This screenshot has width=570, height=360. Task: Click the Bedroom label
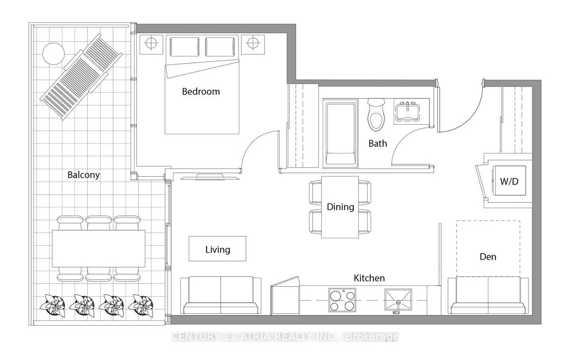click(201, 91)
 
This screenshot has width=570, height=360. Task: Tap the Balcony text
click(84, 175)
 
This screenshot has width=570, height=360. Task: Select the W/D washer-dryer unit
click(509, 180)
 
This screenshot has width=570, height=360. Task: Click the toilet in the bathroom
click(376, 115)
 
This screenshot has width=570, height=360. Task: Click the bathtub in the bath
click(341, 133)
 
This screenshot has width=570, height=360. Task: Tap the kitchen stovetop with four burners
click(342, 300)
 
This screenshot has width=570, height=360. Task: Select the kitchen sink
click(398, 300)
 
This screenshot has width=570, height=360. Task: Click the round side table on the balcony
click(54, 54)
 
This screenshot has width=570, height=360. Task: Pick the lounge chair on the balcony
click(81, 76)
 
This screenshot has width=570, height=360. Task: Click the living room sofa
click(221, 295)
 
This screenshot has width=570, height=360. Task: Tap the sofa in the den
click(488, 296)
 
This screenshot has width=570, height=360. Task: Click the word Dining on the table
click(340, 207)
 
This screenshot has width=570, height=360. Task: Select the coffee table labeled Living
click(217, 249)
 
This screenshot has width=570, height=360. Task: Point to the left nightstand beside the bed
click(151, 45)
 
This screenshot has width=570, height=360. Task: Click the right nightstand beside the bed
click(253, 45)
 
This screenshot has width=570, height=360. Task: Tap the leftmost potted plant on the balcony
click(52, 306)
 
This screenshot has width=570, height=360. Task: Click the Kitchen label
click(369, 278)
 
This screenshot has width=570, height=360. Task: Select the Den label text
click(488, 257)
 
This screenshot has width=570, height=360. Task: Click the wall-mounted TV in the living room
click(210, 177)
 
